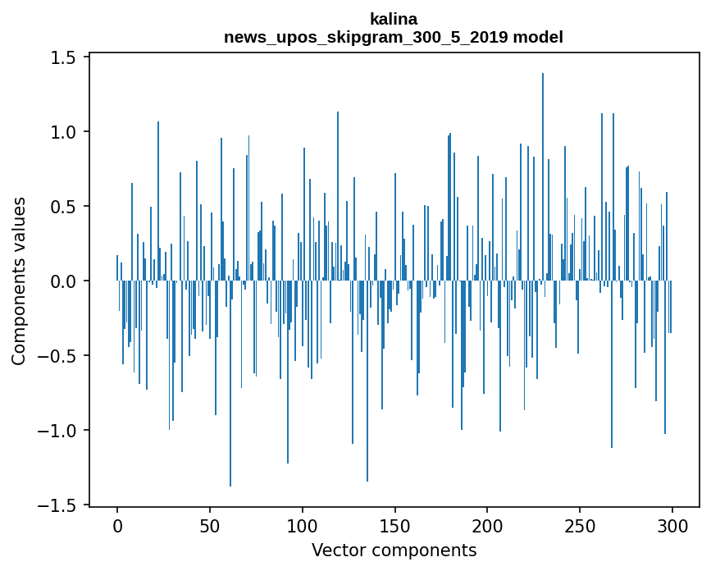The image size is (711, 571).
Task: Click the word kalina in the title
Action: pos(394,19)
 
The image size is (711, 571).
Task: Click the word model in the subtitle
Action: pos(538,37)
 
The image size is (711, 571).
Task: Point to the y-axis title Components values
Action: pos(18,281)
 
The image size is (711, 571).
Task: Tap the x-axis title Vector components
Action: pos(394,550)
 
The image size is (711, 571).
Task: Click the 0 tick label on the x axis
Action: pos(117,527)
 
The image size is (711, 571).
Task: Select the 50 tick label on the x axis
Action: pos(210,527)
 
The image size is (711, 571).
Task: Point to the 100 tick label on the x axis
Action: pos(303,527)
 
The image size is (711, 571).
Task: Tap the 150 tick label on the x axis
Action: pos(395,527)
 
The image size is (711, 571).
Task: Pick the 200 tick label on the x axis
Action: pos(487,527)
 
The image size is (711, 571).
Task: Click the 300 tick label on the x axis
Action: pos(672,527)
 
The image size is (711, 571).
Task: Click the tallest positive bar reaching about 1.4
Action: pos(543,177)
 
